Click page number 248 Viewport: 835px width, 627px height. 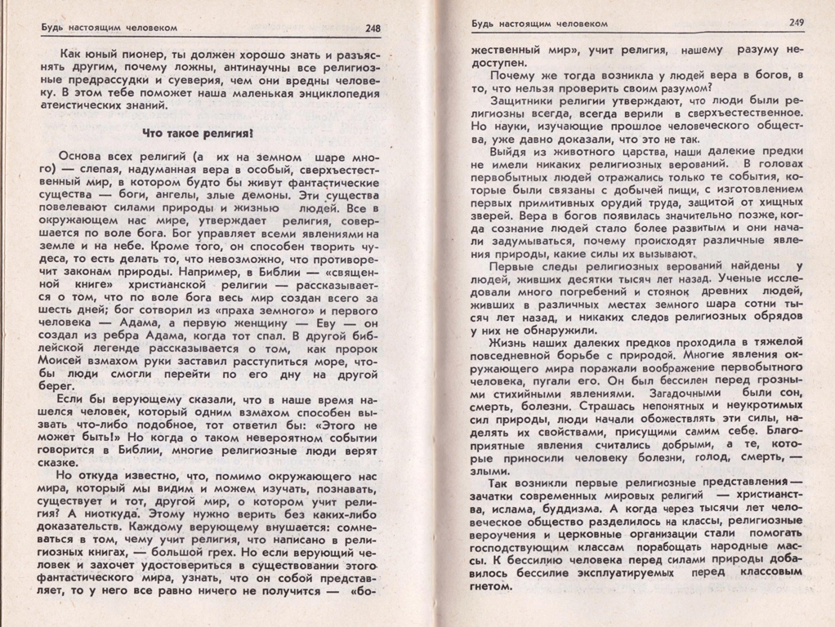click(x=373, y=29)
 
